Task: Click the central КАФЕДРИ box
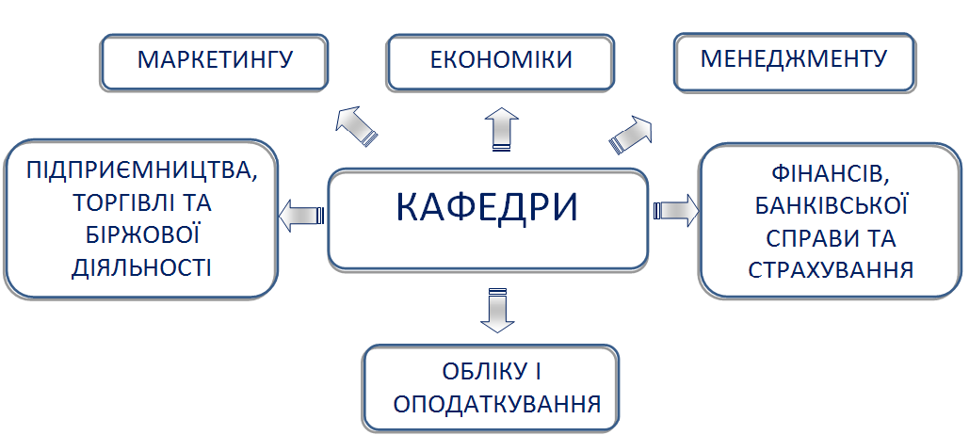487,217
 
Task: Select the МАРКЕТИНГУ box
216,61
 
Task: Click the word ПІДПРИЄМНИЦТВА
141,172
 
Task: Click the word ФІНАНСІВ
830,175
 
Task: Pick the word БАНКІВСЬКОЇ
830,206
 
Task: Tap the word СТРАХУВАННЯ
830,270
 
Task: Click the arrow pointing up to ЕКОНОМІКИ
500,128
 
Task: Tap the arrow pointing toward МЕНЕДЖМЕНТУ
631,134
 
